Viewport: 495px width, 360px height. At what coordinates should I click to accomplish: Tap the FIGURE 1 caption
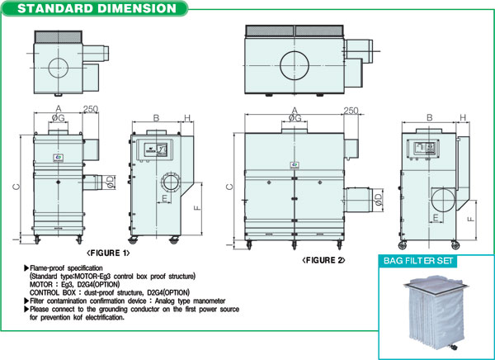pos(108,253)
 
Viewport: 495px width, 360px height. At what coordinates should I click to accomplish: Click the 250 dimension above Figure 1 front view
pos(91,109)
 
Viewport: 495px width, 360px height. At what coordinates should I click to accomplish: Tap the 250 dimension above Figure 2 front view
pos(350,110)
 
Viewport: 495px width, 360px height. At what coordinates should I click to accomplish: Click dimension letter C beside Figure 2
pos(229,187)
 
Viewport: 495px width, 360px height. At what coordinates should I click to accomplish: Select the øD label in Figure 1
pos(109,180)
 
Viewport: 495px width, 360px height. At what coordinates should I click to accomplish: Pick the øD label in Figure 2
pos(378,199)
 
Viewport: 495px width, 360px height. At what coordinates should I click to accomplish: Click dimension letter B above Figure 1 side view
pos(156,118)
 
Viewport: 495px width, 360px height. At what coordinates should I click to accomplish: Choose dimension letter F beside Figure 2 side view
pos(470,219)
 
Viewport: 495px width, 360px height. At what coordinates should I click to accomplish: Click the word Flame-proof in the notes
pos(48,269)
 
